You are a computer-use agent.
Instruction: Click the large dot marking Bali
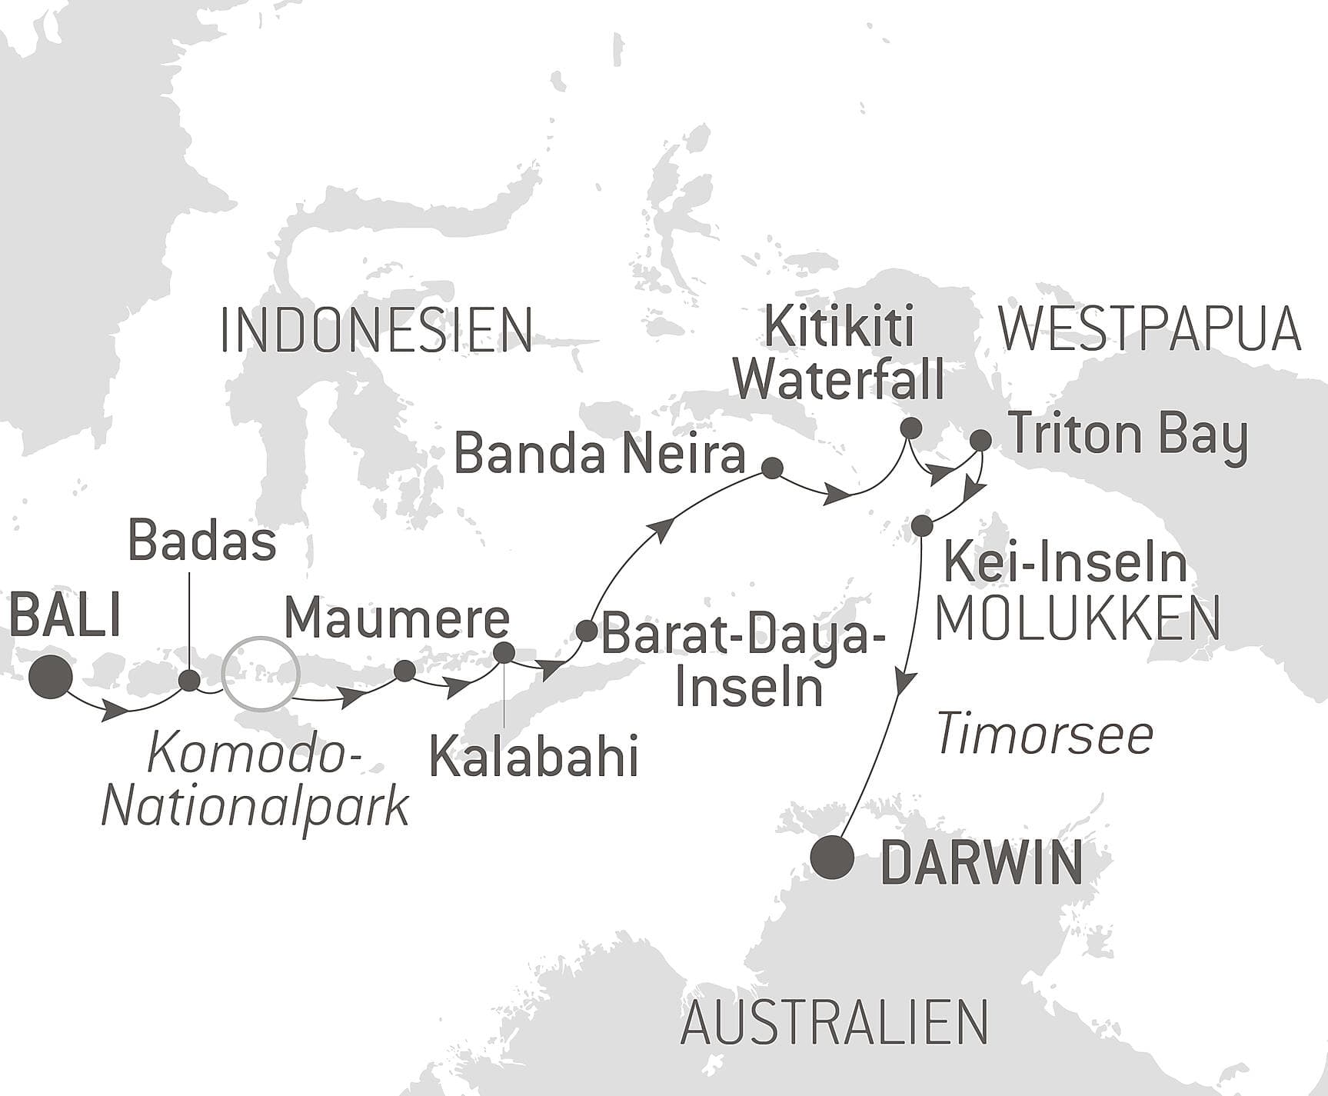[51, 677]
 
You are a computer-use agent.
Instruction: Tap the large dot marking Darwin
[834, 857]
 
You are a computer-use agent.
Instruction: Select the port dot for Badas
[189, 680]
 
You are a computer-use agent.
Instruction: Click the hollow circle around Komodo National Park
[259, 674]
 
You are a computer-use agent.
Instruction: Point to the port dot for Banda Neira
[771, 468]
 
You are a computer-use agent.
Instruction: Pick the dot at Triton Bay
[980, 441]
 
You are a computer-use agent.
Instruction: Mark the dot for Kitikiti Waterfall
[910, 428]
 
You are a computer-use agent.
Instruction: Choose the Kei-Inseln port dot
[922, 526]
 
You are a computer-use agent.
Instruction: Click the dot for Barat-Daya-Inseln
[586, 631]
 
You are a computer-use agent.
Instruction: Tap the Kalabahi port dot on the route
[504, 652]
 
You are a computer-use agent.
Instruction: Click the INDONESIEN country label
[376, 331]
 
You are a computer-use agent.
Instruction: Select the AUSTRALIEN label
[834, 1023]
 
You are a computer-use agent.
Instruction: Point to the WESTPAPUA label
[1149, 329]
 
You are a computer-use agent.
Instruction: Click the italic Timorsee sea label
[1045, 735]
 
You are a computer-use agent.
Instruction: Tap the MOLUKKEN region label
[1077, 619]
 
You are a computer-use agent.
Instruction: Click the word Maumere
[397, 618]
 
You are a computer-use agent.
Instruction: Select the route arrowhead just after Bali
[115, 711]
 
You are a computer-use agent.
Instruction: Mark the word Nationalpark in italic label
[255, 808]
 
